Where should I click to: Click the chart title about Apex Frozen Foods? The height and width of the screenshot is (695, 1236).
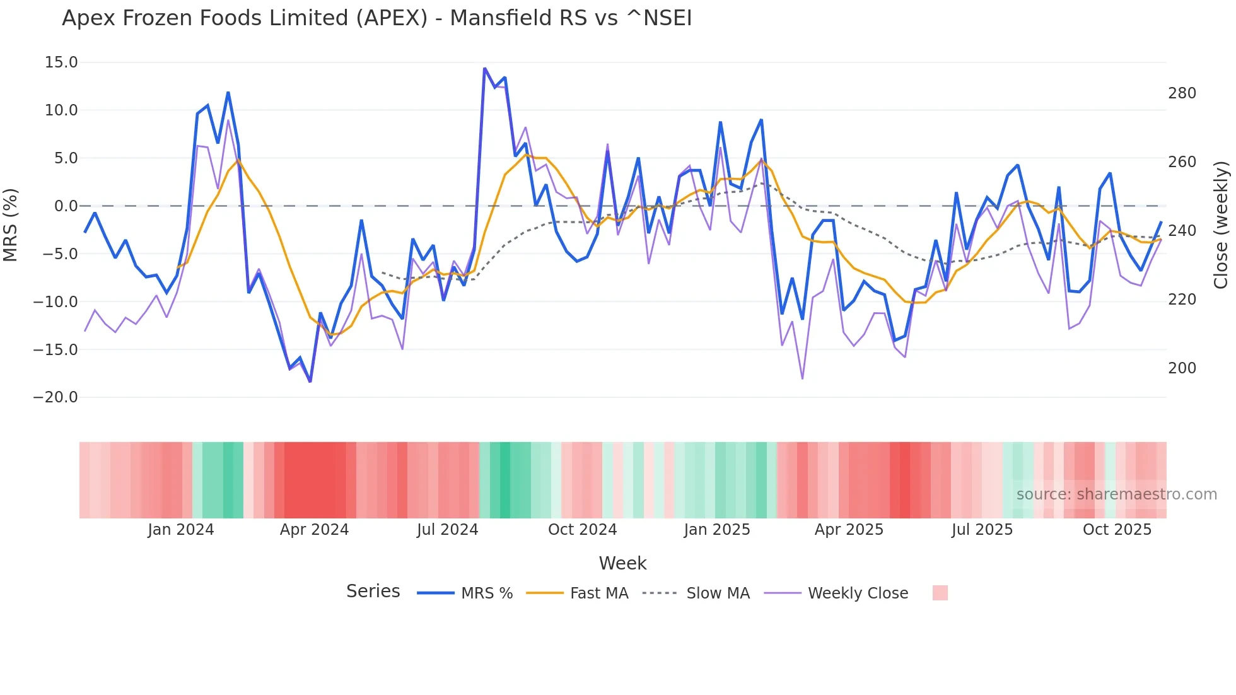(376, 18)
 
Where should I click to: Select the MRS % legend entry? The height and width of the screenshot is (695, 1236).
(465, 593)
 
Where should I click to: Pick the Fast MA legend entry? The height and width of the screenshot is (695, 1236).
(577, 593)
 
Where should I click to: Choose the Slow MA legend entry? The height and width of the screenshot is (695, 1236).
(696, 593)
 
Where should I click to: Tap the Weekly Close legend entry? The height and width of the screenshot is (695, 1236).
(836, 593)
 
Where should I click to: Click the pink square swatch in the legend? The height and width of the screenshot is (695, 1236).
(940, 593)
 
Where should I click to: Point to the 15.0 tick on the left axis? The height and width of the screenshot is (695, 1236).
(61, 62)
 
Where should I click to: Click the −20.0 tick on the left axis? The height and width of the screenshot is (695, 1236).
(55, 397)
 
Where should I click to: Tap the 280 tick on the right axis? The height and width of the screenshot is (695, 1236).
(1182, 93)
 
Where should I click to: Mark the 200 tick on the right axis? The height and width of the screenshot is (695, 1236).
(1182, 368)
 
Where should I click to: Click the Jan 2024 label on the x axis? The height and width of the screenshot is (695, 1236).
(181, 530)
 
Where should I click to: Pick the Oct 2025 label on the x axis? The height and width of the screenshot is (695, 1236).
(1117, 530)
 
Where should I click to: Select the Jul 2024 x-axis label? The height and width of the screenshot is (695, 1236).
(447, 530)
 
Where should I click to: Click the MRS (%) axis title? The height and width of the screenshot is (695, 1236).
(11, 225)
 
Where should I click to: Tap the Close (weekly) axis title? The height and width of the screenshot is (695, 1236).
(1221, 225)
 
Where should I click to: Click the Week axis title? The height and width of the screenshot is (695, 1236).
(622, 563)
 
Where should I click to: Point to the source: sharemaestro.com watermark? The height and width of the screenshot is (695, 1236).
(1116, 494)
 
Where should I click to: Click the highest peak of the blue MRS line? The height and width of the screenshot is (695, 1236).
(484, 68)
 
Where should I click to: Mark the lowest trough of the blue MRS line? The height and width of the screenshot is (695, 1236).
(310, 382)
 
